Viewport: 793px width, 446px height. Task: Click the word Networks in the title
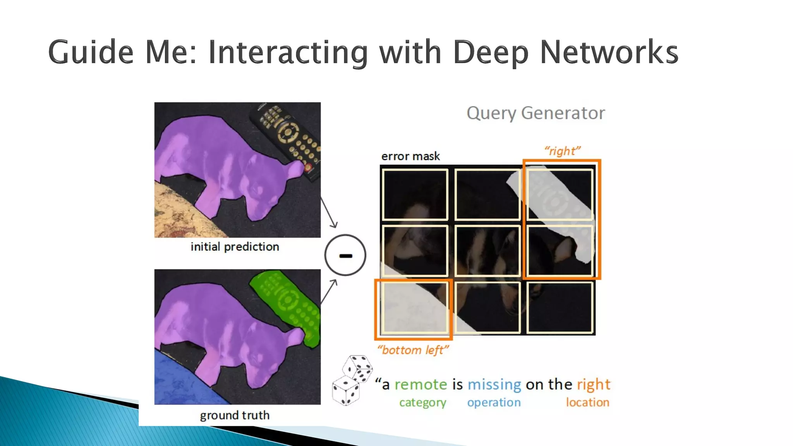tap(609, 52)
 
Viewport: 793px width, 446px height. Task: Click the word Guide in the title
tap(91, 52)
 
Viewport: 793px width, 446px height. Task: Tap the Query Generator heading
tap(536, 113)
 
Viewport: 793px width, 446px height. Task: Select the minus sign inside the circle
tap(345, 256)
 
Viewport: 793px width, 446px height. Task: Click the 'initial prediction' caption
tap(235, 247)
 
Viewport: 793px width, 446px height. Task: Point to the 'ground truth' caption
tap(235, 415)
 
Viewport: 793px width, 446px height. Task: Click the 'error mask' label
tap(410, 156)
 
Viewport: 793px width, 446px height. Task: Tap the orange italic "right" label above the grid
tap(562, 151)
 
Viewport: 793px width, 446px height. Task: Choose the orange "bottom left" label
tap(413, 350)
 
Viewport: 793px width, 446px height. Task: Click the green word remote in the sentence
tap(421, 384)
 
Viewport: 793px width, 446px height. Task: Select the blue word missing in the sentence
tap(494, 384)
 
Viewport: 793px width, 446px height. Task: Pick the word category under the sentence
tap(422, 403)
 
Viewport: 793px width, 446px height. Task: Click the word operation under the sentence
tap(494, 403)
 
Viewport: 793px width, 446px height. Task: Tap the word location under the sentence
tap(587, 403)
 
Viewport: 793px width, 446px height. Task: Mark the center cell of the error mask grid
tap(487, 251)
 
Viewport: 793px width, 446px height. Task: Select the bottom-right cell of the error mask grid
tap(560, 307)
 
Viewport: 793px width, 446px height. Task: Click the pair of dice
tap(351, 379)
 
